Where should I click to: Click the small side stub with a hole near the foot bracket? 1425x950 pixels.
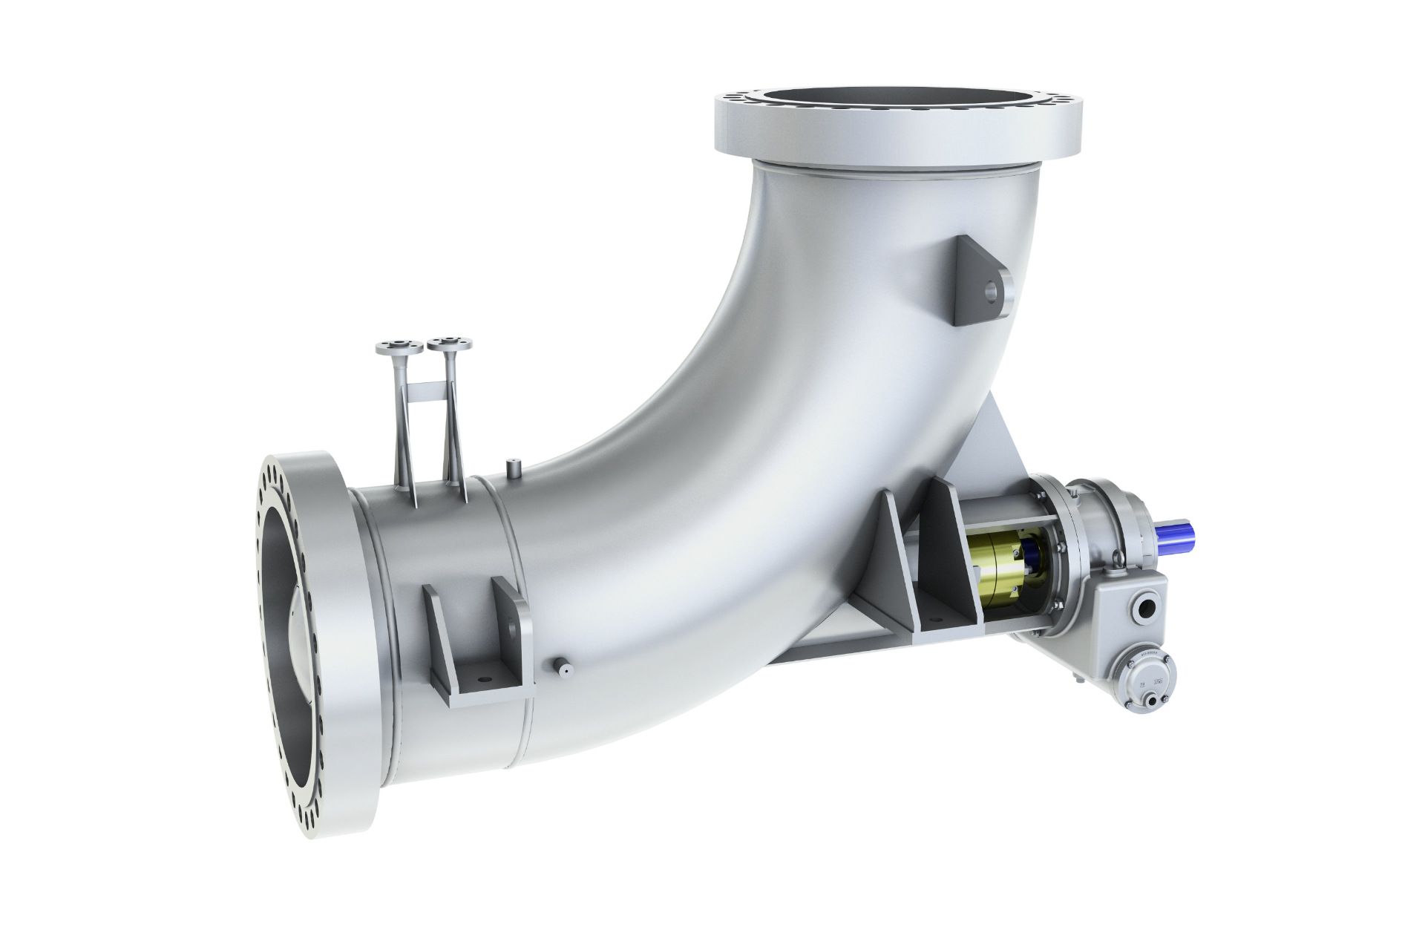(563, 668)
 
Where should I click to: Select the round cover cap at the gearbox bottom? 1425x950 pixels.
(1148, 677)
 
